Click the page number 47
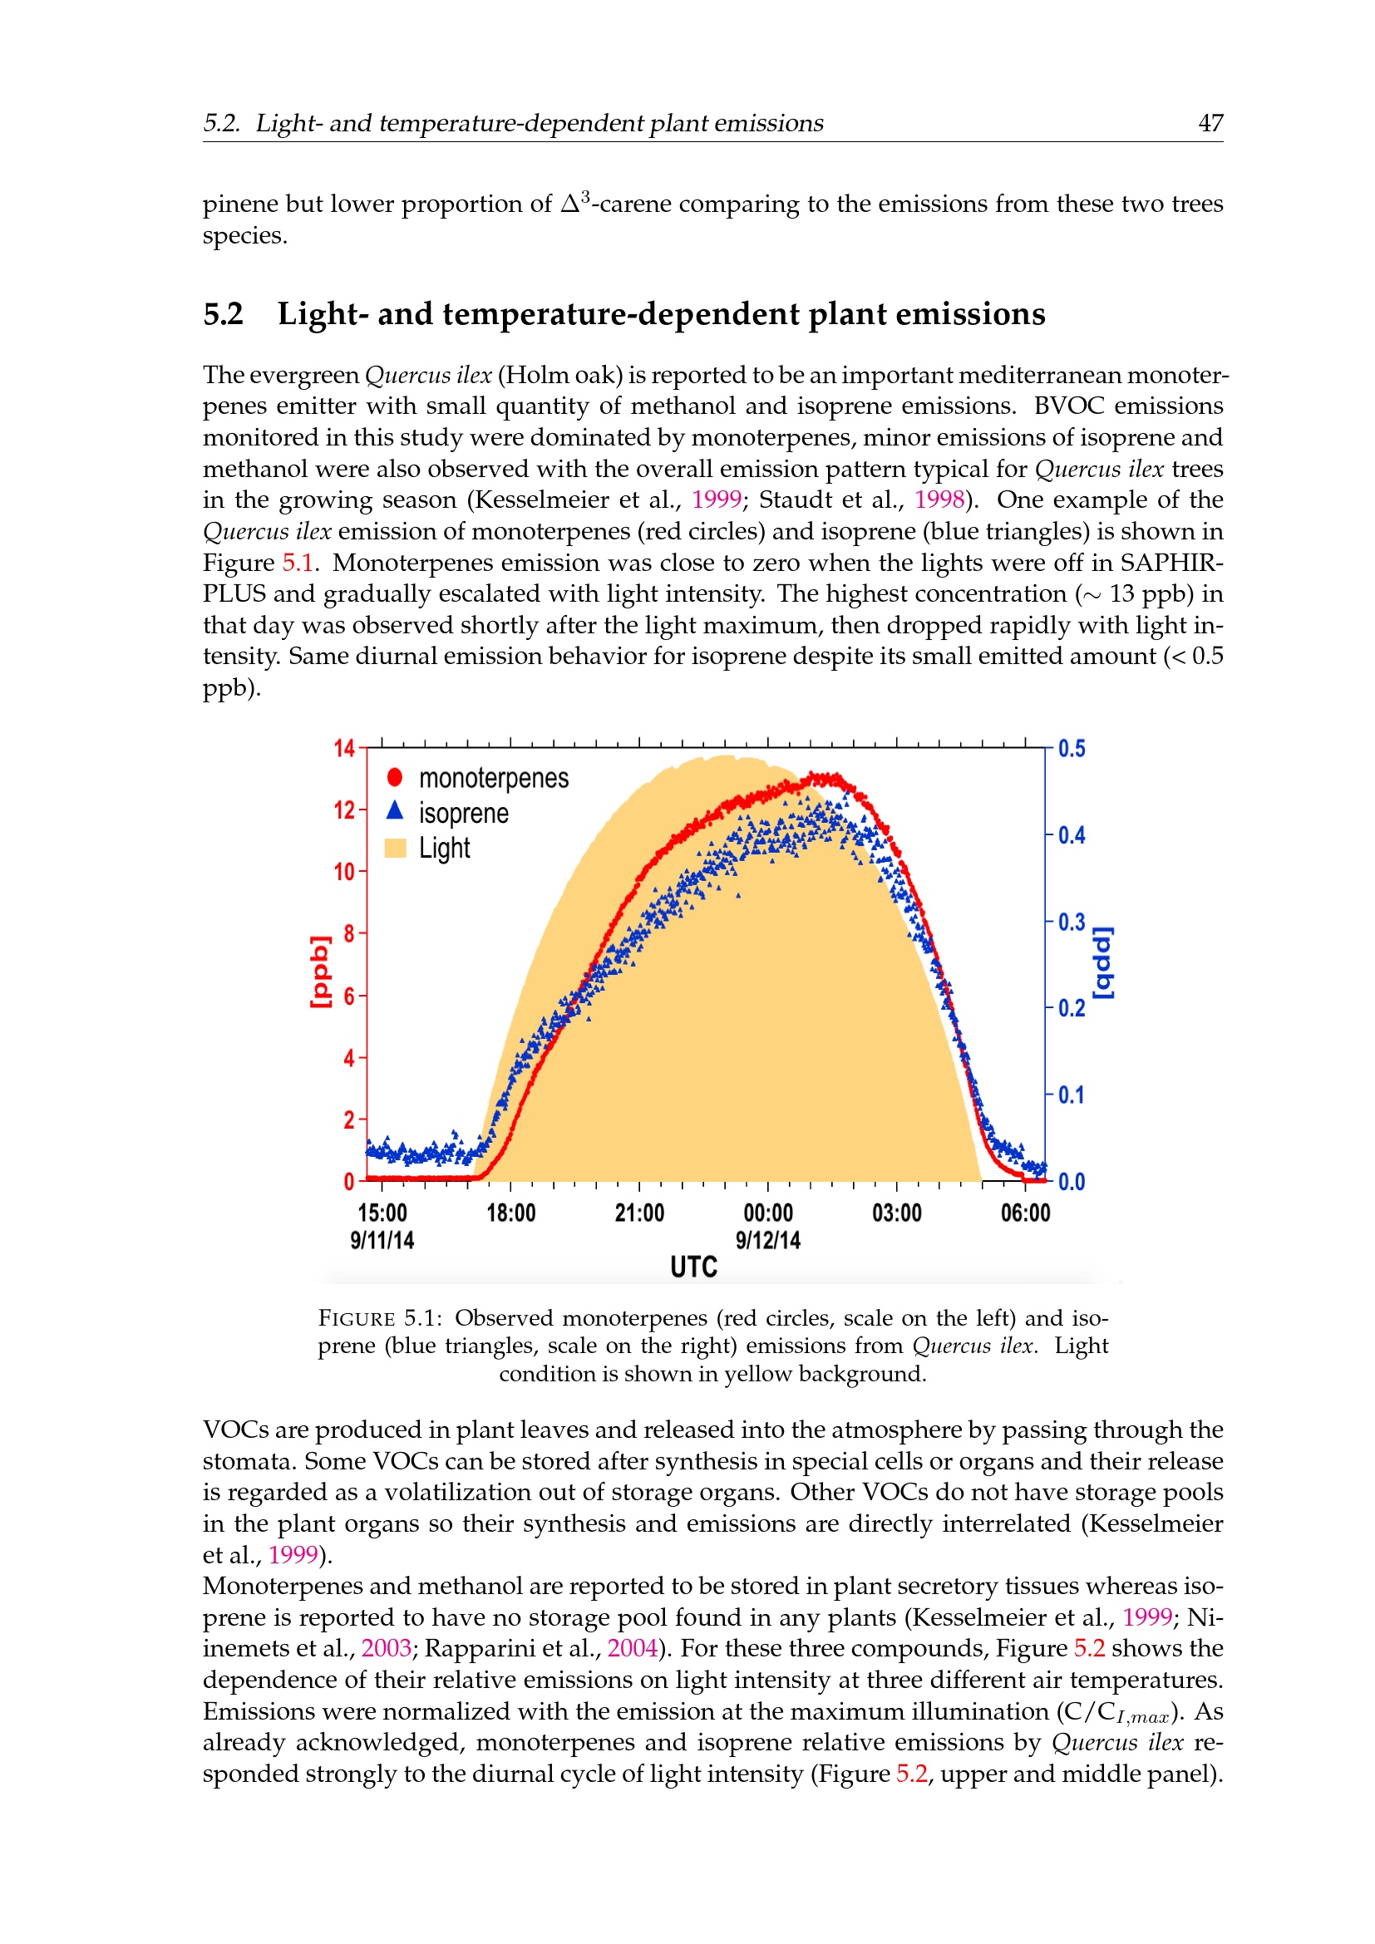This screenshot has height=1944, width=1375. [x=1210, y=124]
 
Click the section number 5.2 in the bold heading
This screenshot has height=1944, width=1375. [x=223, y=314]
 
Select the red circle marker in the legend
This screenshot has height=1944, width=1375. [x=395, y=777]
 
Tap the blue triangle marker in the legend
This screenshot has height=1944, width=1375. [x=395, y=811]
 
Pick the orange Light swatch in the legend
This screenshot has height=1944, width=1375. [x=396, y=848]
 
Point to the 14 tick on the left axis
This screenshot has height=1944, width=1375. [x=344, y=749]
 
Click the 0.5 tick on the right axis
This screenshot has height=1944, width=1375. [x=1071, y=750]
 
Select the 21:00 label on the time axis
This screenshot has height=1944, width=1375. [x=639, y=1213]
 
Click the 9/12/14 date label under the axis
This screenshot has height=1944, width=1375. [x=768, y=1240]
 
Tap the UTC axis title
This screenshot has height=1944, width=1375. [x=693, y=1267]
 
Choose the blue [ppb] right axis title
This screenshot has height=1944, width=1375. [x=1103, y=962]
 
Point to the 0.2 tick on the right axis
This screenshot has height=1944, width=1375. [x=1071, y=1008]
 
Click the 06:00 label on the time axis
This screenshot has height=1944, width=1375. [x=1025, y=1213]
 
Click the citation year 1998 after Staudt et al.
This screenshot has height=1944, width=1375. [x=939, y=500]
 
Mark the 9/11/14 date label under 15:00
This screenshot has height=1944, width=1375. [x=382, y=1240]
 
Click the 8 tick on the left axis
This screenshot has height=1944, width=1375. [x=349, y=933]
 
